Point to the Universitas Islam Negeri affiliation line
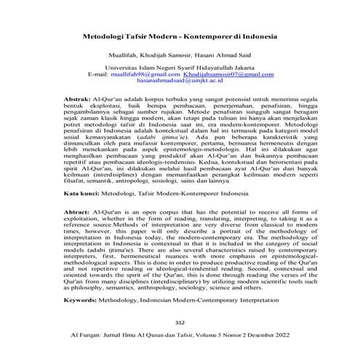181,68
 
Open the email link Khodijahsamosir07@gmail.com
233,75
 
